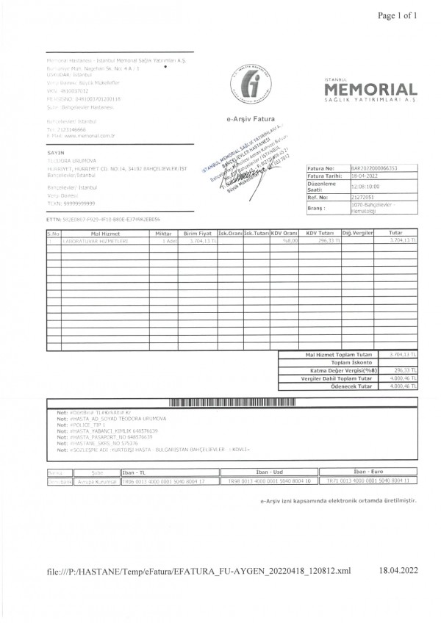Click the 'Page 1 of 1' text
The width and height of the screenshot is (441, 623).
tap(397, 15)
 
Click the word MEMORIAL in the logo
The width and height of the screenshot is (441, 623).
tap(370, 90)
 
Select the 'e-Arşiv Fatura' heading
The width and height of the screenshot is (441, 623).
tap(251, 118)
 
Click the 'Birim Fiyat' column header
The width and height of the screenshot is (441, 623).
tap(197, 233)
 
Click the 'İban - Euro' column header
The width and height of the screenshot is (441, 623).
tap(369, 472)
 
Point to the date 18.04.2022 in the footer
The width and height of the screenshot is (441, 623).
tap(398, 570)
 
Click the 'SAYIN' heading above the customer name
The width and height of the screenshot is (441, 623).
tap(51, 152)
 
